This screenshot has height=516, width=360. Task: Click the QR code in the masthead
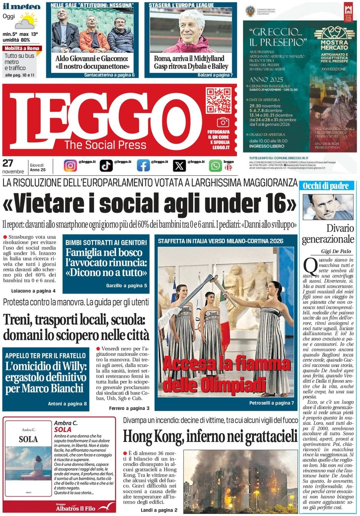[x=218, y=100]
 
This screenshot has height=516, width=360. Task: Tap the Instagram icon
[x=70, y=166]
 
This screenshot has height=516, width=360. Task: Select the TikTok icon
[x=106, y=166]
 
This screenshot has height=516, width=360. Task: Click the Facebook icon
[x=143, y=166]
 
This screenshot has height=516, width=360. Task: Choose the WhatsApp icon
[x=215, y=166]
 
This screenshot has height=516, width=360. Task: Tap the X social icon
[x=179, y=166]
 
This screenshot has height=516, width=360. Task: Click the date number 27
[x=8, y=163]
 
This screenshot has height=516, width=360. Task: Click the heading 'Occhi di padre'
[x=326, y=186]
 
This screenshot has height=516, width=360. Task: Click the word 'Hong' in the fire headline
[x=137, y=436]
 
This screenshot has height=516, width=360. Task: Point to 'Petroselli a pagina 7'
[x=271, y=403]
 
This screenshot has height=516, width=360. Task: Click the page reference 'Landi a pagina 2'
[x=159, y=510]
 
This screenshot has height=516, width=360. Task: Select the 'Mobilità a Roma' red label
[x=22, y=49]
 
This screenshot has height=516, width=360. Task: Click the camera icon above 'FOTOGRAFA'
[x=223, y=122]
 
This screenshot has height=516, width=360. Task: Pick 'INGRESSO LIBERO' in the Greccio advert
[x=267, y=146]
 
